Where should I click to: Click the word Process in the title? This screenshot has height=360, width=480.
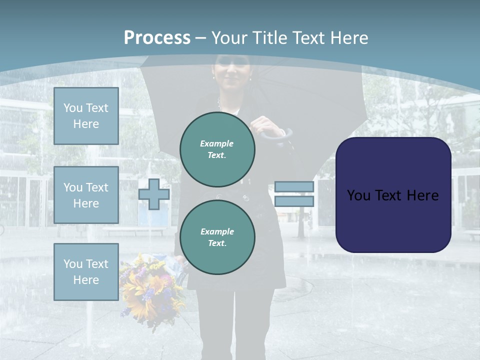[157, 38]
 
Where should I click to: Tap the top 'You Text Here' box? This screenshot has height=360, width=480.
[86, 116]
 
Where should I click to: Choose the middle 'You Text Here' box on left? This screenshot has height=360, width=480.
[86, 195]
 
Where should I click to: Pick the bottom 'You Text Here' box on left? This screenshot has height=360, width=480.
[86, 272]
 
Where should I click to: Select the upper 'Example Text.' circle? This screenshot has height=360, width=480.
[217, 149]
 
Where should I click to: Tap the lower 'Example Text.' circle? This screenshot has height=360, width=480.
[217, 237]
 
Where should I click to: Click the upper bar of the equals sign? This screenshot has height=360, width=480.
[294, 187]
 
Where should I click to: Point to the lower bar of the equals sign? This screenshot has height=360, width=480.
[294, 201]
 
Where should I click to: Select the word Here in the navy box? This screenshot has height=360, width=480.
[422, 195]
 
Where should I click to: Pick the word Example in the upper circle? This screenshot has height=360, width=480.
[217, 143]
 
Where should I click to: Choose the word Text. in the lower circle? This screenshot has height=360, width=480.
[217, 243]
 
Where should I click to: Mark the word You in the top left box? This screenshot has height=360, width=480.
[73, 108]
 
